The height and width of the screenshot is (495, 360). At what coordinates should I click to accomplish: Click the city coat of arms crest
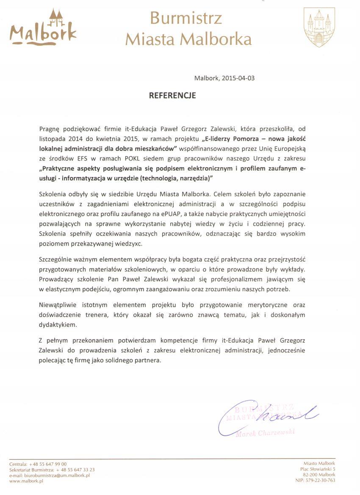point(319,27)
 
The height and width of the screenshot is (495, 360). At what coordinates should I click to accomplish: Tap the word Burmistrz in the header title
point(186,18)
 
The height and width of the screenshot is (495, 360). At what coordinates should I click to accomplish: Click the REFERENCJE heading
point(172,96)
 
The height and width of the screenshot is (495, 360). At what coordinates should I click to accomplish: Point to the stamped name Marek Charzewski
point(265,433)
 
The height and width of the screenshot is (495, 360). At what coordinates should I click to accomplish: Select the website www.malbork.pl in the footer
point(27,481)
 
